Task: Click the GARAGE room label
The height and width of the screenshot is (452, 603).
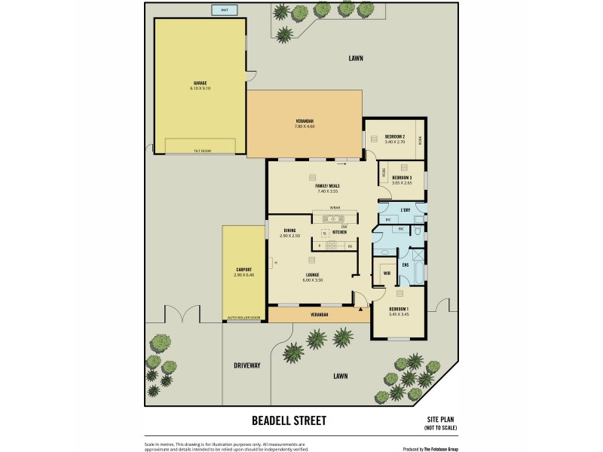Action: click(200, 83)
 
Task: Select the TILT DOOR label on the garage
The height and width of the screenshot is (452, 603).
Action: click(200, 151)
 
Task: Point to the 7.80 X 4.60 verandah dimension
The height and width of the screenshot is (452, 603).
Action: click(305, 127)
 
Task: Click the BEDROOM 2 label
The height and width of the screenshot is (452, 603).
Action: click(395, 136)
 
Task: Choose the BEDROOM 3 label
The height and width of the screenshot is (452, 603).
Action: click(402, 177)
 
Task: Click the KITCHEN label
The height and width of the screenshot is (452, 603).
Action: click(339, 232)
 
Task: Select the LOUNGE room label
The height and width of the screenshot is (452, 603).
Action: click(312, 274)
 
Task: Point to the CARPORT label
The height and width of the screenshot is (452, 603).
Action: click(243, 269)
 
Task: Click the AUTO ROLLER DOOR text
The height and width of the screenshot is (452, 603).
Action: click(243, 318)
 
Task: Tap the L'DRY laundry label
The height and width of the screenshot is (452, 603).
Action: click(405, 209)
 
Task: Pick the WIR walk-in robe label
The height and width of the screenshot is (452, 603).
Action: click(386, 273)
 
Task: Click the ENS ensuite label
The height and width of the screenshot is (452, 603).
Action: click(405, 264)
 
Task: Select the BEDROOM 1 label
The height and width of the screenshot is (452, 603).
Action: click(399, 309)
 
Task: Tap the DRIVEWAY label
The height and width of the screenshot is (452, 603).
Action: click(246, 365)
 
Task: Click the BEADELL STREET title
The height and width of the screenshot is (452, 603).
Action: click(288, 420)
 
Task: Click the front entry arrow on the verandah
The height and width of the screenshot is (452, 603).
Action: click(361, 307)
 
